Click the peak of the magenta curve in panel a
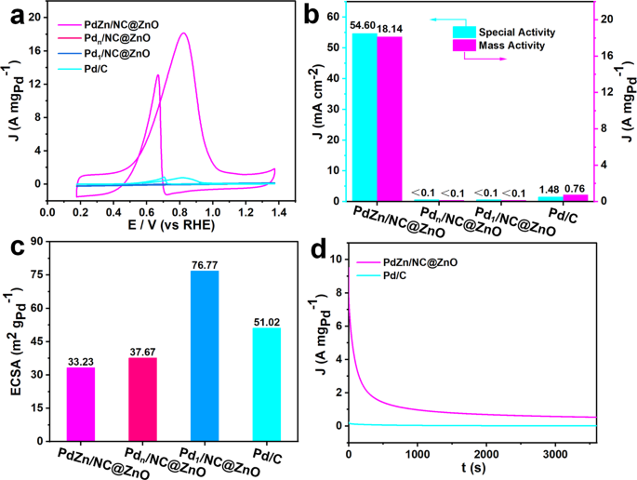point(183,34)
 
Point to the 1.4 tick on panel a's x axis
point(275,214)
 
